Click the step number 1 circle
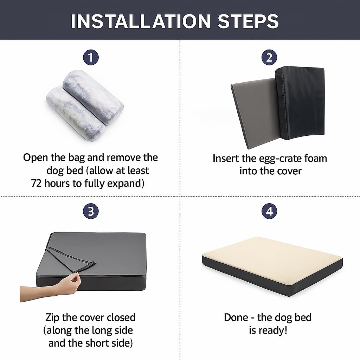(91, 57)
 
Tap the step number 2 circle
(269, 57)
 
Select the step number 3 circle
(91, 212)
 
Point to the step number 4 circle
(269, 212)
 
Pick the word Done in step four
(236, 317)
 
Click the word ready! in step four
(274, 330)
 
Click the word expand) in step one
(127, 184)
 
